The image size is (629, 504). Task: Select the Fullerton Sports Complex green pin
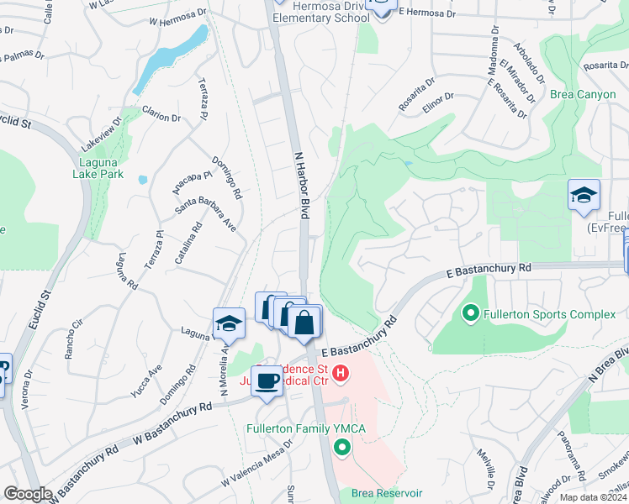click(470, 315)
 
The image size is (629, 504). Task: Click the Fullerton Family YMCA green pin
click(341, 447)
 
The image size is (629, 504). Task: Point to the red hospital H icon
click(341, 373)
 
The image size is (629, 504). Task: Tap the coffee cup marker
click(267, 381)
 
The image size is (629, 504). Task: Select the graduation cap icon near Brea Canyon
click(584, 196)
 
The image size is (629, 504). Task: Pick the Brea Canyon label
click(583, 94)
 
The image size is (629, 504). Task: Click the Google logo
click(28, 494)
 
